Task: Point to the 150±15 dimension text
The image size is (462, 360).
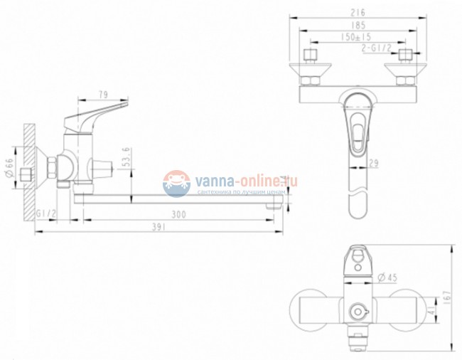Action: pos(357,36)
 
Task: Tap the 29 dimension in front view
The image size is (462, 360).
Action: pos(372,164)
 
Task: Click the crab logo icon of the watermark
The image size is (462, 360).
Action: pos(176,184)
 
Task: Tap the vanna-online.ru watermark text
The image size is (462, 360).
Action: pos(242,180)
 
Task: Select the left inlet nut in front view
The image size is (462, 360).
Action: pos(311,56)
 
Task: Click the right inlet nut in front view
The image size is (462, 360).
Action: pos(406,56)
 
